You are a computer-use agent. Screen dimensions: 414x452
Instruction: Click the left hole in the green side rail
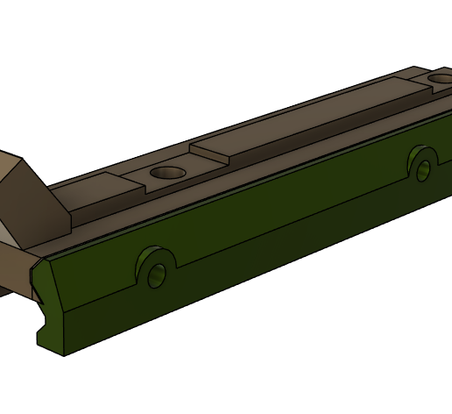click(157, 275)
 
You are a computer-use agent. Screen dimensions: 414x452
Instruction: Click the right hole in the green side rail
click(423, 169)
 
